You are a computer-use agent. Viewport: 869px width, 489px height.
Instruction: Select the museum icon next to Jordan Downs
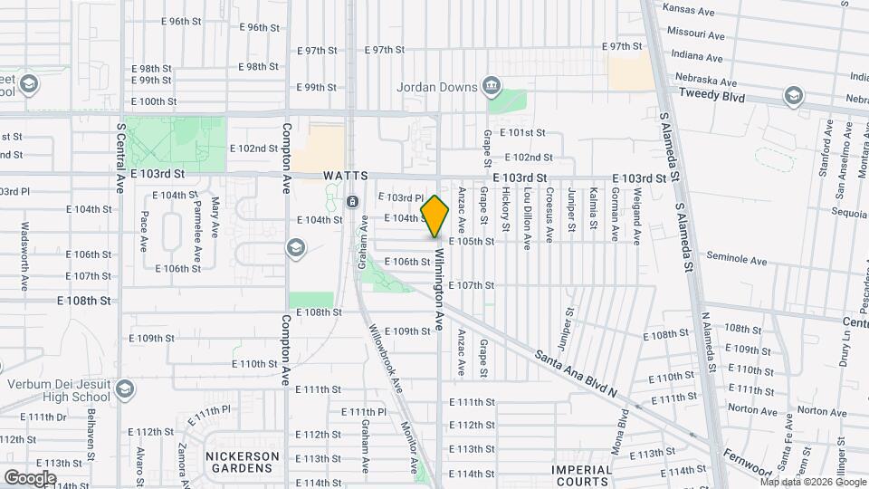(x=492, y=86)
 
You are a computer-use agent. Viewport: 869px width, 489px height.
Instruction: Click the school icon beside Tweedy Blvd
(x=793, y=95)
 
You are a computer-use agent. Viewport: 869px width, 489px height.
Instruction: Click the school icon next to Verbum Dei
(x=124, y=390)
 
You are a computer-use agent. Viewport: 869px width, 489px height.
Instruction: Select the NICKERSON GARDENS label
(x=238, y=462)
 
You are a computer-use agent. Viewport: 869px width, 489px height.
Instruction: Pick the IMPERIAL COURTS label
(x=581, y=476)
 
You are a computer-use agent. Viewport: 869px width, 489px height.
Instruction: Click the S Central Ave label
(x=119, y=157)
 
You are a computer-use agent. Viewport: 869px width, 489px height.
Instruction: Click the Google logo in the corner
(x=29, y=477)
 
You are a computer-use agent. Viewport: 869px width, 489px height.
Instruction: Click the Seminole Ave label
(x=737, y=261)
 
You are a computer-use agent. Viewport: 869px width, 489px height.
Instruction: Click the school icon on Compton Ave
(x=295, y=247)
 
